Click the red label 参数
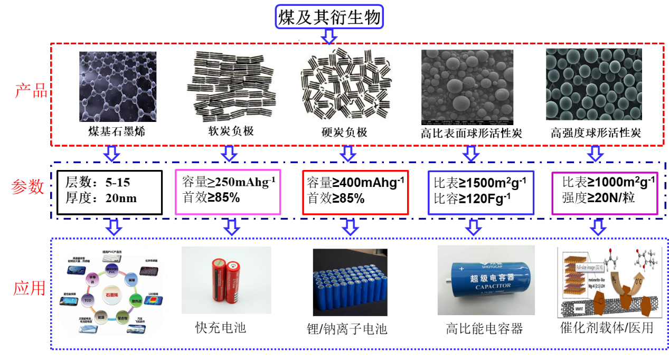pyautogui.click(x=27, y=187)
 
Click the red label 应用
pyautogui.click(x=30, y=288)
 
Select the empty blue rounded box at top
pyautogui.click(x=329, y=16)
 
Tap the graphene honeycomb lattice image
pyautogui.click(x=118, y=87)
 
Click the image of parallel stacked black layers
pyautogui.click(x=230, y=86)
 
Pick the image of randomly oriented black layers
pyautogui.click(x=346, y=86)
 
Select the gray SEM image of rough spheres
pyautogui.click(x=467, y=86)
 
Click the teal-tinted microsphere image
pyautogui.click(x=593, y=84)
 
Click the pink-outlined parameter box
pyautogui.click(x=228, y=192)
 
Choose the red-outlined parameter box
pyautogui.click(x=355, y=192)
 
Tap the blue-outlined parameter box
pyautogui.click(x=481, y=192)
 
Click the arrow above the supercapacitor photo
pyautogui.click(x=473, y=228)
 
